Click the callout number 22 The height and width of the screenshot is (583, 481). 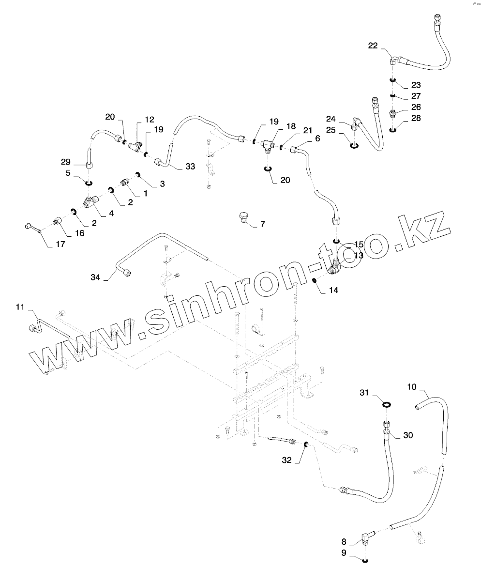pos(373,46)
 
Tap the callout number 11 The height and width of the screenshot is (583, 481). pos(19,307)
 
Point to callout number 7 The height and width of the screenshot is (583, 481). pos(263,224)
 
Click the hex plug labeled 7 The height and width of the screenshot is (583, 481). pos(244,216)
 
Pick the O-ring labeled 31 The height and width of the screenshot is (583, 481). pos(387,404)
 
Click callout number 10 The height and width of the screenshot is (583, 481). pos(411,387)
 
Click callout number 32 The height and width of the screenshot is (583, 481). pos(287,460)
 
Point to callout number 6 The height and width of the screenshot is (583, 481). pos(317,138)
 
